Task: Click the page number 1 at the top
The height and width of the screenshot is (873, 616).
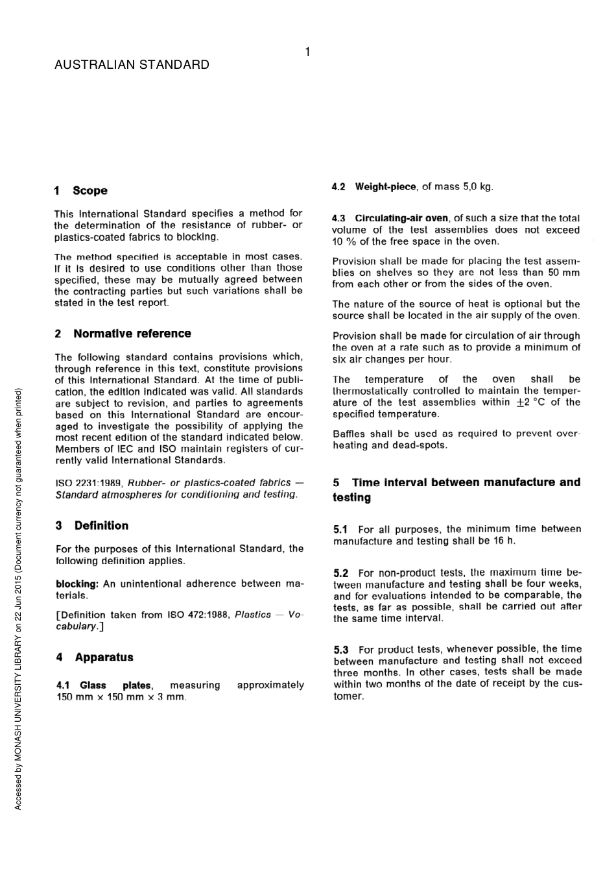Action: (307, 52)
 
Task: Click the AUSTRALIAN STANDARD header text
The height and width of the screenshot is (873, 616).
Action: (132, 65)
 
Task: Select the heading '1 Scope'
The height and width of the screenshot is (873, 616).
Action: (81, 191)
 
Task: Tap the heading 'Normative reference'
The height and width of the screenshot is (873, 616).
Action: (132, 334)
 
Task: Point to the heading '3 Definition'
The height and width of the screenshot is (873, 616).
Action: (92, 526)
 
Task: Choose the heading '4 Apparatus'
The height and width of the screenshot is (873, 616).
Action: (95, 658)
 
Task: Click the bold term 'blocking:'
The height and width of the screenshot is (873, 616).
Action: (77, 584)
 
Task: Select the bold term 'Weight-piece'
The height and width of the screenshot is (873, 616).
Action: (385, 187)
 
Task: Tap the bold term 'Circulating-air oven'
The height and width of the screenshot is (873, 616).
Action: (401, 218)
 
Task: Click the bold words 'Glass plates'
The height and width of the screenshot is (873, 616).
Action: (115, 685)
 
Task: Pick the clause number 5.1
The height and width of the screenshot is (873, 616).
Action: (340, 530)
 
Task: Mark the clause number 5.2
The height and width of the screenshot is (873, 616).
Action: (340, 573)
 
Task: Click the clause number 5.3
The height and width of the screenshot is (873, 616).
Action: (340, 650)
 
